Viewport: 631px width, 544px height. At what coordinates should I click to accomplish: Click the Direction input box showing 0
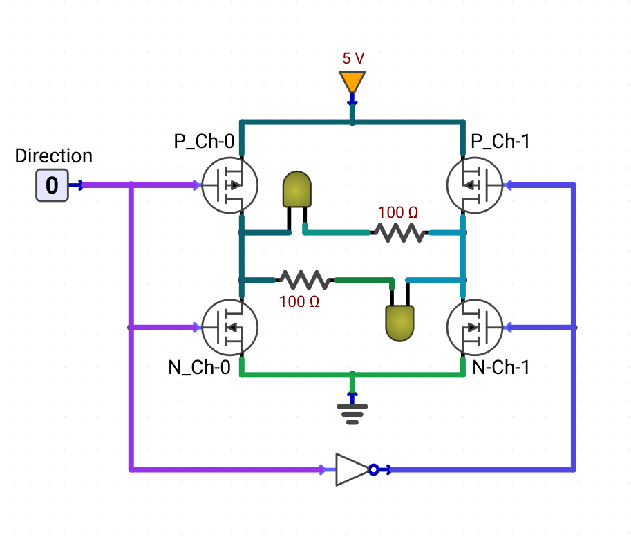point(52,185)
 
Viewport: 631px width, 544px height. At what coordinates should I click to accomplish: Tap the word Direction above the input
point(53,156)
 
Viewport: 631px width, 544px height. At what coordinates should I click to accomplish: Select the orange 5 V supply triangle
point(352,82)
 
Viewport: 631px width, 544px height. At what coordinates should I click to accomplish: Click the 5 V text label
point(353,58)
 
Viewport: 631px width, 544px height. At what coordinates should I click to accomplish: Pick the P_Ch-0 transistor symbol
point(229,185)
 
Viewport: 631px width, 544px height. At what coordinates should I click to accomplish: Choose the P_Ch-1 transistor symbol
point(475,185)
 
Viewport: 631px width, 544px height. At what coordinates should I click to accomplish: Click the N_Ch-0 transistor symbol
point(229,328)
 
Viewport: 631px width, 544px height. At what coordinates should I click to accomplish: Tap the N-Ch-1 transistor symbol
point(475,328)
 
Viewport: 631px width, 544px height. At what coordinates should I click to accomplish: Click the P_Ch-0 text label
point(204,142)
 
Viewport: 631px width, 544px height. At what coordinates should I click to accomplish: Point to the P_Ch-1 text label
point(500,142)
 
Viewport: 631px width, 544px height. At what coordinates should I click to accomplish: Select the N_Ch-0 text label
point(199,367)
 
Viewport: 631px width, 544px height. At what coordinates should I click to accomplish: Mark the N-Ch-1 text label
point(501,367)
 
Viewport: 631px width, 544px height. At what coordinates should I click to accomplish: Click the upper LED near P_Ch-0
point(297,189)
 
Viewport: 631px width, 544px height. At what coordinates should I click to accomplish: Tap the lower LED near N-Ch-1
point(399,323)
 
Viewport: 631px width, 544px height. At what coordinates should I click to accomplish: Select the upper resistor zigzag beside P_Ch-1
point(399,232)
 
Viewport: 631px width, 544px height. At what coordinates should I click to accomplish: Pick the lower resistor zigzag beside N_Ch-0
point(305,280)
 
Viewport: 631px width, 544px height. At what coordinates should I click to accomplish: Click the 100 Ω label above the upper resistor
point(398,212)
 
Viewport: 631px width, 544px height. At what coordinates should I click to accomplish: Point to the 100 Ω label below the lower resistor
point(299,302)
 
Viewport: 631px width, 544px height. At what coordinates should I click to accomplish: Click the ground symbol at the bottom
point(352,413)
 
